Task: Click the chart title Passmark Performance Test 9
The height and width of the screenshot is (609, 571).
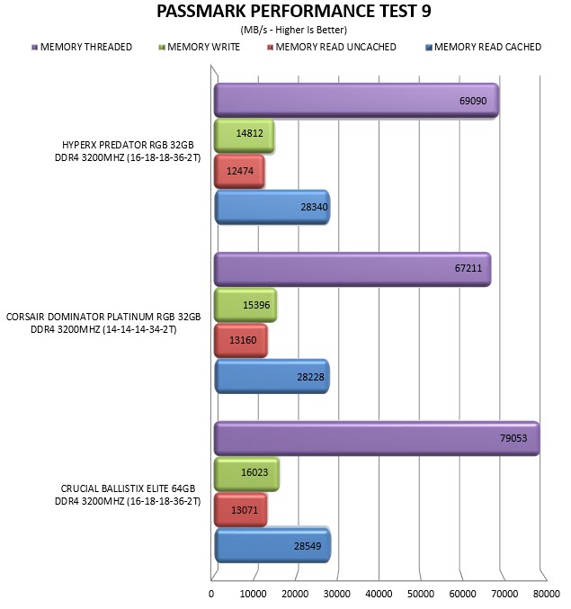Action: (x=293, y=11)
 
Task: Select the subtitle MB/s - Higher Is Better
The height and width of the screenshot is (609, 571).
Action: (x=293, y=30)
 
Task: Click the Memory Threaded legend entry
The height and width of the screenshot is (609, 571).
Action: (x=82, y=47)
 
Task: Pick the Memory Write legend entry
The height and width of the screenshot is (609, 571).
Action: (x=200, y=47)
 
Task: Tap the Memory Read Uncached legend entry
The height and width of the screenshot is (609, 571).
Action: (x=332, y=47)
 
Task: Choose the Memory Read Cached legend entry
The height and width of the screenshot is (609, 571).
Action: (x=483, y=47)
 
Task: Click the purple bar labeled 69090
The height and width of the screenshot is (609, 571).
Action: (x=356, y=100)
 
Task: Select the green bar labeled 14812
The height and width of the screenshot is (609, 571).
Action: (x=245, y=136)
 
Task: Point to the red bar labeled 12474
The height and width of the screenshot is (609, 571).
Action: (x=239, y=171)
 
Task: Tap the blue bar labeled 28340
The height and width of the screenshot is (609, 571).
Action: (x=272, y=207)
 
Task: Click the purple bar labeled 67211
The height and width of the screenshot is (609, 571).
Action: (x=352, y=269)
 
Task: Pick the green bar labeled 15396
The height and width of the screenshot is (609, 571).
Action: (x=245, y=305)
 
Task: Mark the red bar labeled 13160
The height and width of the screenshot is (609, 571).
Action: (x=241, y=341)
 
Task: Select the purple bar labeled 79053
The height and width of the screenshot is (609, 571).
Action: (x=377, y=438)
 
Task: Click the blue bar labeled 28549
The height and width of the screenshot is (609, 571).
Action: (x=272, y=545)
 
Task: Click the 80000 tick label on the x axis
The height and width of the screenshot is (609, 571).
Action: (x=547, y=594)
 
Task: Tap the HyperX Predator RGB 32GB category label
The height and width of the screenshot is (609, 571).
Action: (x=128, y=151)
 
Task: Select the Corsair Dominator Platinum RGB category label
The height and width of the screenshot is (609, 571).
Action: (x=103, y=323)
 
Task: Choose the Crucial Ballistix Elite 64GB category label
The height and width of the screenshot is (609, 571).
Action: (x=128, y=495)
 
